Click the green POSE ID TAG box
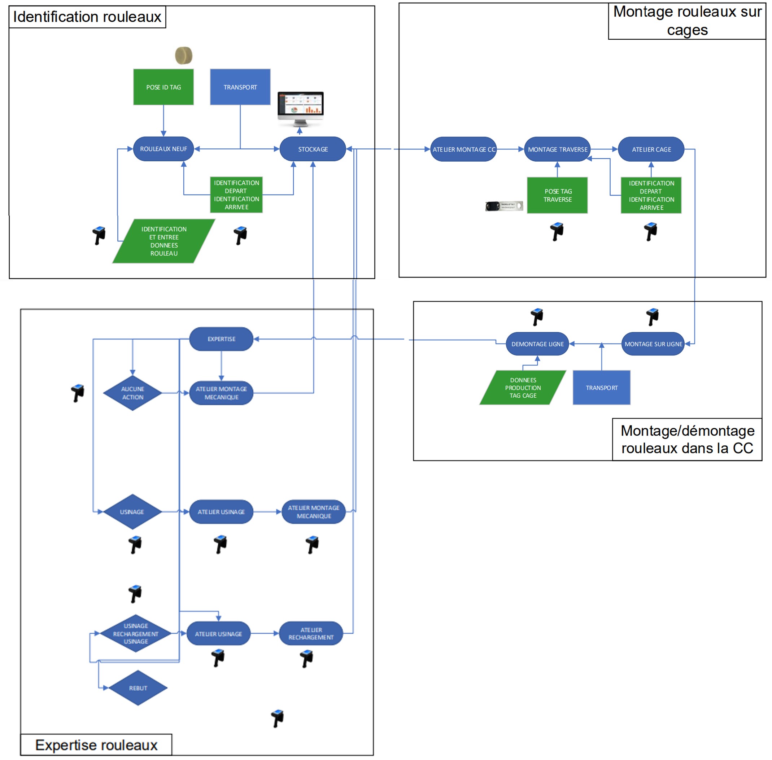pos(163,87)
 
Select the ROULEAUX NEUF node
pos(163,149)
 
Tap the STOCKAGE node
pos(313,149)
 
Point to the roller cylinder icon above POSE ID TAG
pos(184,56)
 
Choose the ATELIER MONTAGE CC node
pos(463,149)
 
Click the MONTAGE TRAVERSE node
pos(557,149)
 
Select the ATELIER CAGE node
pos(651,149)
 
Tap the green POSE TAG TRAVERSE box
pos(557,195)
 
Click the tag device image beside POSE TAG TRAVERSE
pos(504,206)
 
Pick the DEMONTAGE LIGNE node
pos(537,344)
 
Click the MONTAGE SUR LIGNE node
pos(653,344)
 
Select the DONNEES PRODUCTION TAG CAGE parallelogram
pos(523,388)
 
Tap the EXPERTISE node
pos(221,339)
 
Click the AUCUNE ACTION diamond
pos(132,393)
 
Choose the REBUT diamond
pos(138,688)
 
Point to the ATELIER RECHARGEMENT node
pos(311,633)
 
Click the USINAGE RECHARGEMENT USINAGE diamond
pos(136,633)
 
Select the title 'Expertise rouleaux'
pos(96,745)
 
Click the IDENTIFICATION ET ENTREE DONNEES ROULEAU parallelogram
pos(163,241)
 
